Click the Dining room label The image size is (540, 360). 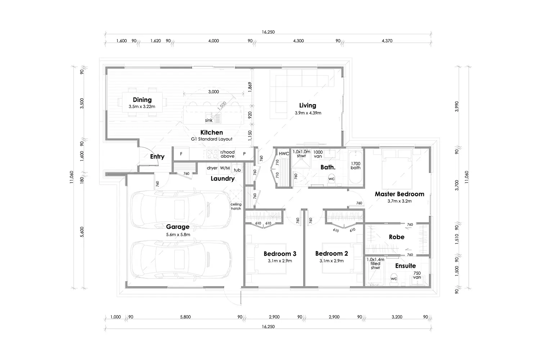(142, 100)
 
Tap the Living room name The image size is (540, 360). (307, 105)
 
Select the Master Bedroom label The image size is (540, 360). (400, 194)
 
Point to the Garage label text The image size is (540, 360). (178, 227)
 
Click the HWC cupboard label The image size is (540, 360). (284, 154)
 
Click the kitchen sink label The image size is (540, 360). (209, 120)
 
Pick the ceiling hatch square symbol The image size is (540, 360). (235, 195)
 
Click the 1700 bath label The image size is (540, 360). (356, 166)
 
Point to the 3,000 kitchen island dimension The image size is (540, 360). (213, 92)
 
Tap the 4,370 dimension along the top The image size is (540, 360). (387, 41)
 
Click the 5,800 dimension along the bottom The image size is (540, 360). (185, 317)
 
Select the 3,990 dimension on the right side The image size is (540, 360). (457, 106)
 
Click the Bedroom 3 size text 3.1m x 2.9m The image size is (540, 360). (280, 261)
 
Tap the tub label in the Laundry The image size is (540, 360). (237, 170)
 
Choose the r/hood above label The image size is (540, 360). (228, 154)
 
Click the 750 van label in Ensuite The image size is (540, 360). (417, 275)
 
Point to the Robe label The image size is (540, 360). (397, 237)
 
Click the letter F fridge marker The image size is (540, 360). (181, 154)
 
